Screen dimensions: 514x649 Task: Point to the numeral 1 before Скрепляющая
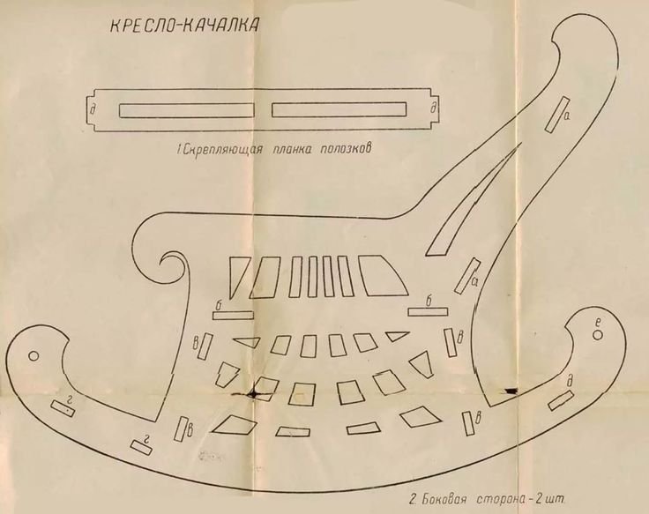(x=179, y=151)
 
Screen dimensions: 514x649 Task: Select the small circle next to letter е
(x=597, y=334)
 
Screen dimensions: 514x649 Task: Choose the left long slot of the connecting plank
(x=186, y=110)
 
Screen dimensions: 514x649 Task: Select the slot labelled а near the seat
(x=466, y=275)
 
